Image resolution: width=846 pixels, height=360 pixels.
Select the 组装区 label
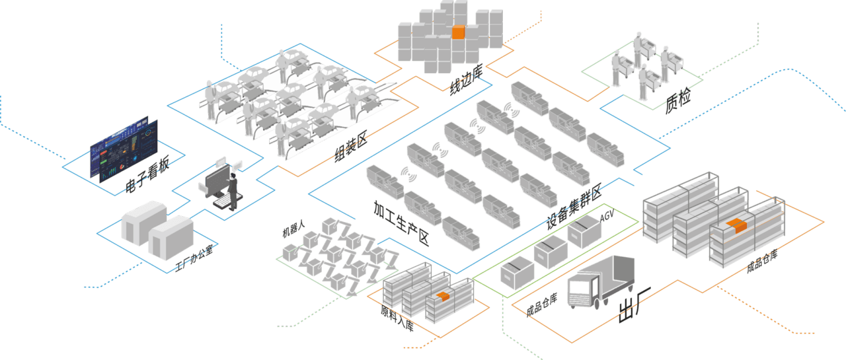tap(350, 149)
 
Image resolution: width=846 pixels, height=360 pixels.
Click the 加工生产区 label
tap(401, 223)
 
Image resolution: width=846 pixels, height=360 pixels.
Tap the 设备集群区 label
tap(573, 205)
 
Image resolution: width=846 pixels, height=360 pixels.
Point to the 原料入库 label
tap(397, 318)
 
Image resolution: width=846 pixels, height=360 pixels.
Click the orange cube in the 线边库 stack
tap(459, 32)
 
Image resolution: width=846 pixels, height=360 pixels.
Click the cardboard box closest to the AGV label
tap(584, 231)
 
